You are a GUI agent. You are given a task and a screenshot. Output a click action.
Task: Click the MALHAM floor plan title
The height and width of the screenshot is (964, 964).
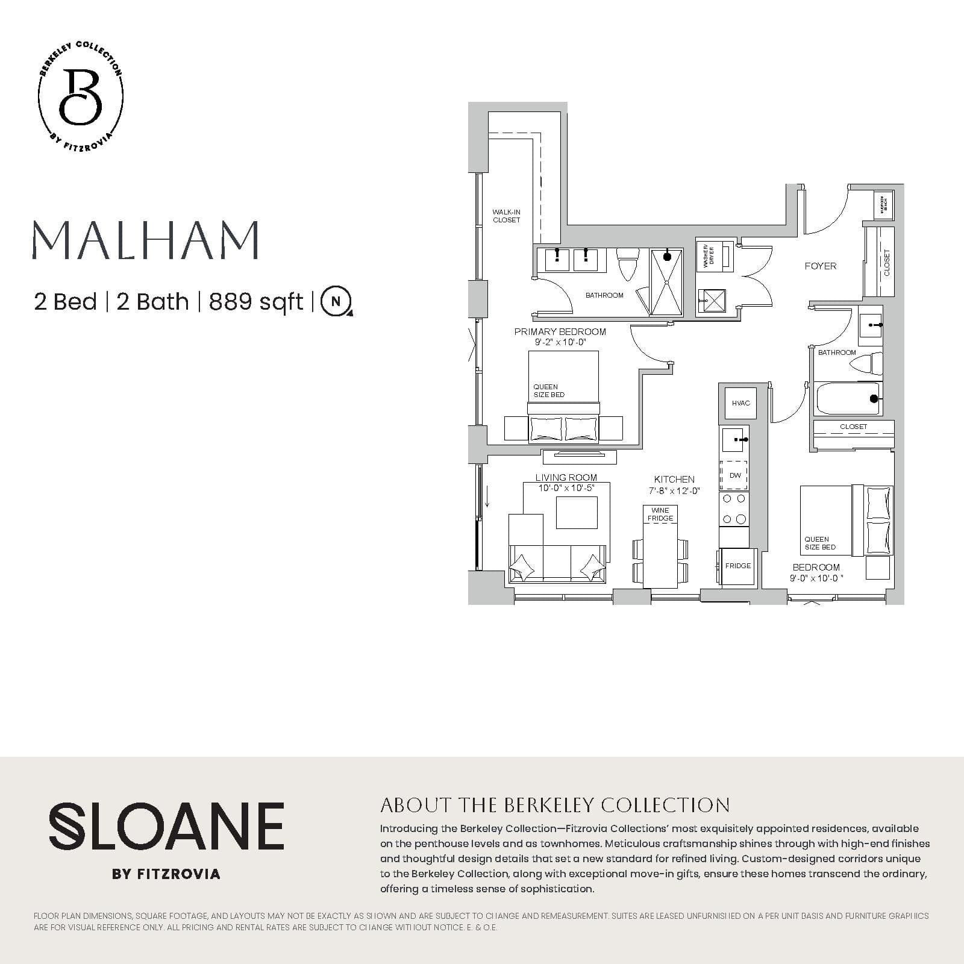145,239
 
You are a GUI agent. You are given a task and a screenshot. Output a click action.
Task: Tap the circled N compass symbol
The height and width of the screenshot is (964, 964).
336,301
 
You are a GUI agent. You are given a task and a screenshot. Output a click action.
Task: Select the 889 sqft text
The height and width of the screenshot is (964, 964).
255,301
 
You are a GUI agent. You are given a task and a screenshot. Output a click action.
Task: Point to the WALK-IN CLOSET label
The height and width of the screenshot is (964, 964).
506,216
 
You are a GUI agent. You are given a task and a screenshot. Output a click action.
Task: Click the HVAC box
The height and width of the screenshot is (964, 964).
740,403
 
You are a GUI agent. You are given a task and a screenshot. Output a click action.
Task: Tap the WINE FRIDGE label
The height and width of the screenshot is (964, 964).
660,514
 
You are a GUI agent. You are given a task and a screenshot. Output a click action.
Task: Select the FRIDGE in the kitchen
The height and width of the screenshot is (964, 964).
737,566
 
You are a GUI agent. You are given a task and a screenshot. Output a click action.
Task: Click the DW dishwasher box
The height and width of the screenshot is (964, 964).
734,475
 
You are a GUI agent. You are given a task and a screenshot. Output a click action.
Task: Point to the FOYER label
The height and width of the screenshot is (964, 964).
820,266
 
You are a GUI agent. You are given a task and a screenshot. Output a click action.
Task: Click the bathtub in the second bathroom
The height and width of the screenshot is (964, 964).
847,398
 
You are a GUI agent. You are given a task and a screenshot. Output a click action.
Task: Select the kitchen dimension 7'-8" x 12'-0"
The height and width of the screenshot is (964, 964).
674,490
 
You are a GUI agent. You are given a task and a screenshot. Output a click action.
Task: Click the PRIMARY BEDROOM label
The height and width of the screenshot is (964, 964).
560,331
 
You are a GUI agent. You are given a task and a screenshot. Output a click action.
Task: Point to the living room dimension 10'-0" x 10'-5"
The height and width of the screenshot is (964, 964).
566,487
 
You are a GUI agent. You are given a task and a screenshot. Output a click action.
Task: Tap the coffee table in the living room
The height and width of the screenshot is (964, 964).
577,512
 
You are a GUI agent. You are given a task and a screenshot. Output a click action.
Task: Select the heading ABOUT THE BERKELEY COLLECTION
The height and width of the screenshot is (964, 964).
554,805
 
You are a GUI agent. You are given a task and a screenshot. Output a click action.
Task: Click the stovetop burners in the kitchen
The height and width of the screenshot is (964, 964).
734,509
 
